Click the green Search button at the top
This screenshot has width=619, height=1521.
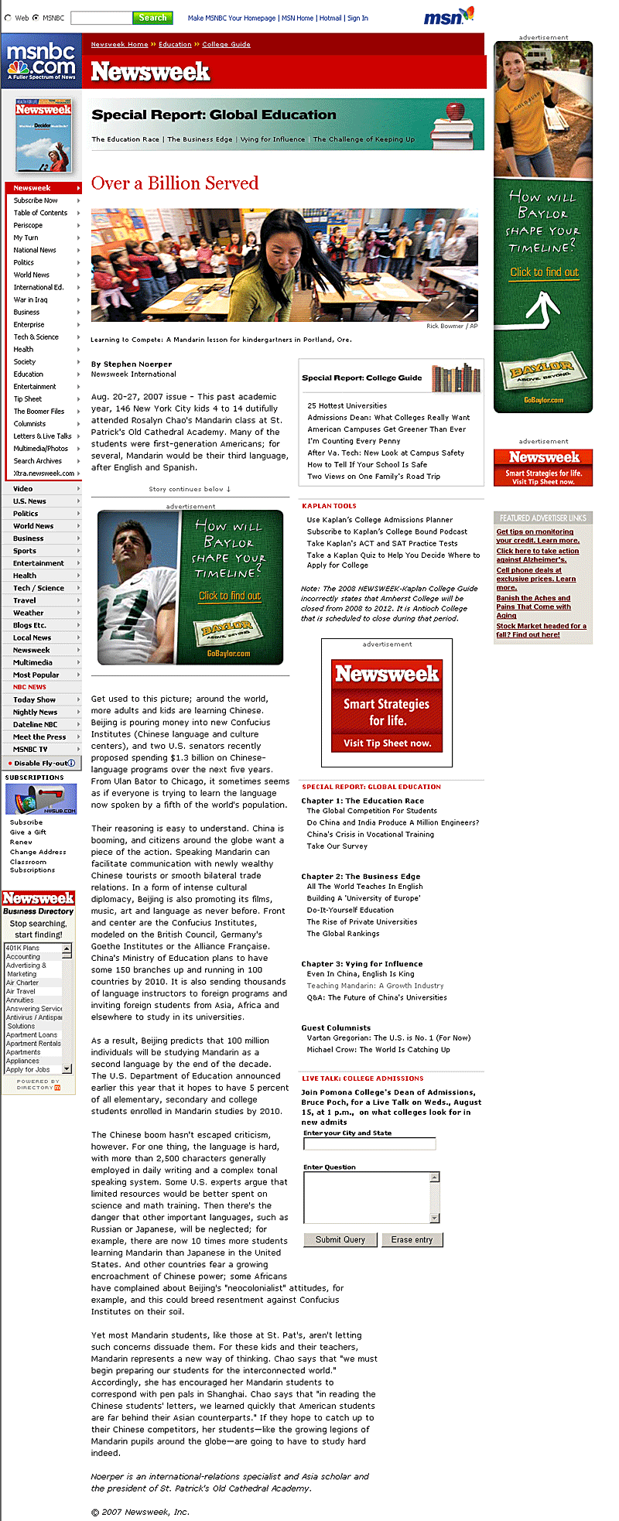[152, 18]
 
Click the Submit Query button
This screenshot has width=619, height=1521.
[340, 1239]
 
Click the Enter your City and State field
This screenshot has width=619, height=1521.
[369, 1143]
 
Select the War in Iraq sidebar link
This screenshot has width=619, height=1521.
[30, 299]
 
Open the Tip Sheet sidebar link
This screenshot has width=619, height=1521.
[28, 399]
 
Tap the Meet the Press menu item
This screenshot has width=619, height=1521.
[39, 737]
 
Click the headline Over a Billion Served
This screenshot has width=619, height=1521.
[175, 183]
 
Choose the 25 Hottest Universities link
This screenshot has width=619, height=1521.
[347, 405]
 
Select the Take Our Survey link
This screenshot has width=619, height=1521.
[337, 846]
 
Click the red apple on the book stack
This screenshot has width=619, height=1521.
[456, 110]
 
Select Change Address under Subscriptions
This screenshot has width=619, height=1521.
[38, 852]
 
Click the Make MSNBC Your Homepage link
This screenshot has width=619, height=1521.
[231, 19]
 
